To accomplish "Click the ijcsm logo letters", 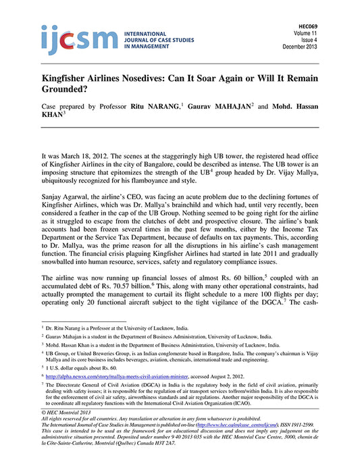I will [x=66, y=39].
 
